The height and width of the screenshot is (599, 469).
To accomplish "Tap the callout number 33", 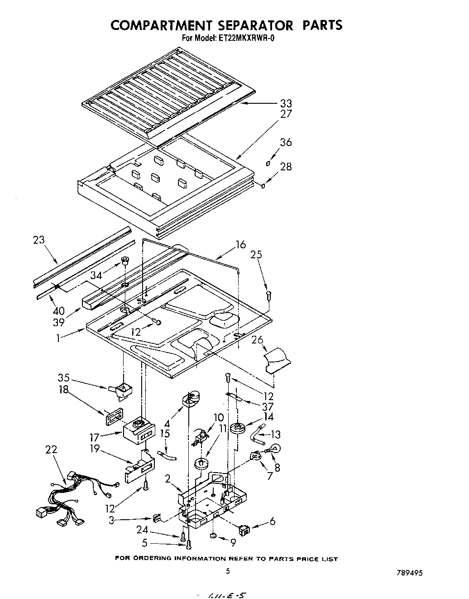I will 286,103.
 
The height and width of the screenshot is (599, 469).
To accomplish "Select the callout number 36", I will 286,142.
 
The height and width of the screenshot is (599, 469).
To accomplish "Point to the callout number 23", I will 39,240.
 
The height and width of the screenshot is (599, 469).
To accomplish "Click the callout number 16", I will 240,245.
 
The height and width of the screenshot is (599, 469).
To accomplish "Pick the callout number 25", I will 256,255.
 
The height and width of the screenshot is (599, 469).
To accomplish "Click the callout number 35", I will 64,377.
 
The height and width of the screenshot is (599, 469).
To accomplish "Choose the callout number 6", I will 272,522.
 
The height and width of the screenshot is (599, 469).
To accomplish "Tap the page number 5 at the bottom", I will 228,571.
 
